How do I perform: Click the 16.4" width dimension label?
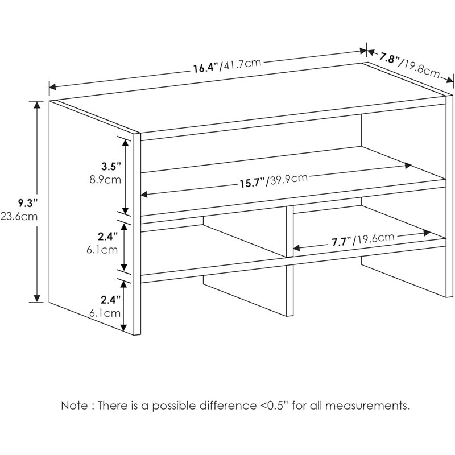(x=206, y=68)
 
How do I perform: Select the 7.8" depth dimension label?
(x=389, y=59)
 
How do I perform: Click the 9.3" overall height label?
(x=27, y=203)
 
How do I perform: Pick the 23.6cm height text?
(x=19, y=216)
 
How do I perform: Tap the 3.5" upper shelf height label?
(x=110, y=167)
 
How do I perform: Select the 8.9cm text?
(x=105, y=180)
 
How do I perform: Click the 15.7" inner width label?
(x=251, y=183)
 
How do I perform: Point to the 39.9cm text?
(x=287, y=179)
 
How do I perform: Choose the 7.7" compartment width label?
(x=341, y=242)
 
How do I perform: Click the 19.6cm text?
(x=374, y=238)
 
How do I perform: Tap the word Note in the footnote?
(x=74, y=406)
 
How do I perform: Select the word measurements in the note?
(x=367, y=406)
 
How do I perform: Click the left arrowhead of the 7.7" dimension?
(x=296, y=248)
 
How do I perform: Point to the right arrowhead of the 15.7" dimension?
(x=408, y=166)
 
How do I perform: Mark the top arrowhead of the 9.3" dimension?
(x=37, y=105)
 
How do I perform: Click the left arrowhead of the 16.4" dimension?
(x=52, y=86)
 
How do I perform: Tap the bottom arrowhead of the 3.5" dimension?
(x=125, y=211)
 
